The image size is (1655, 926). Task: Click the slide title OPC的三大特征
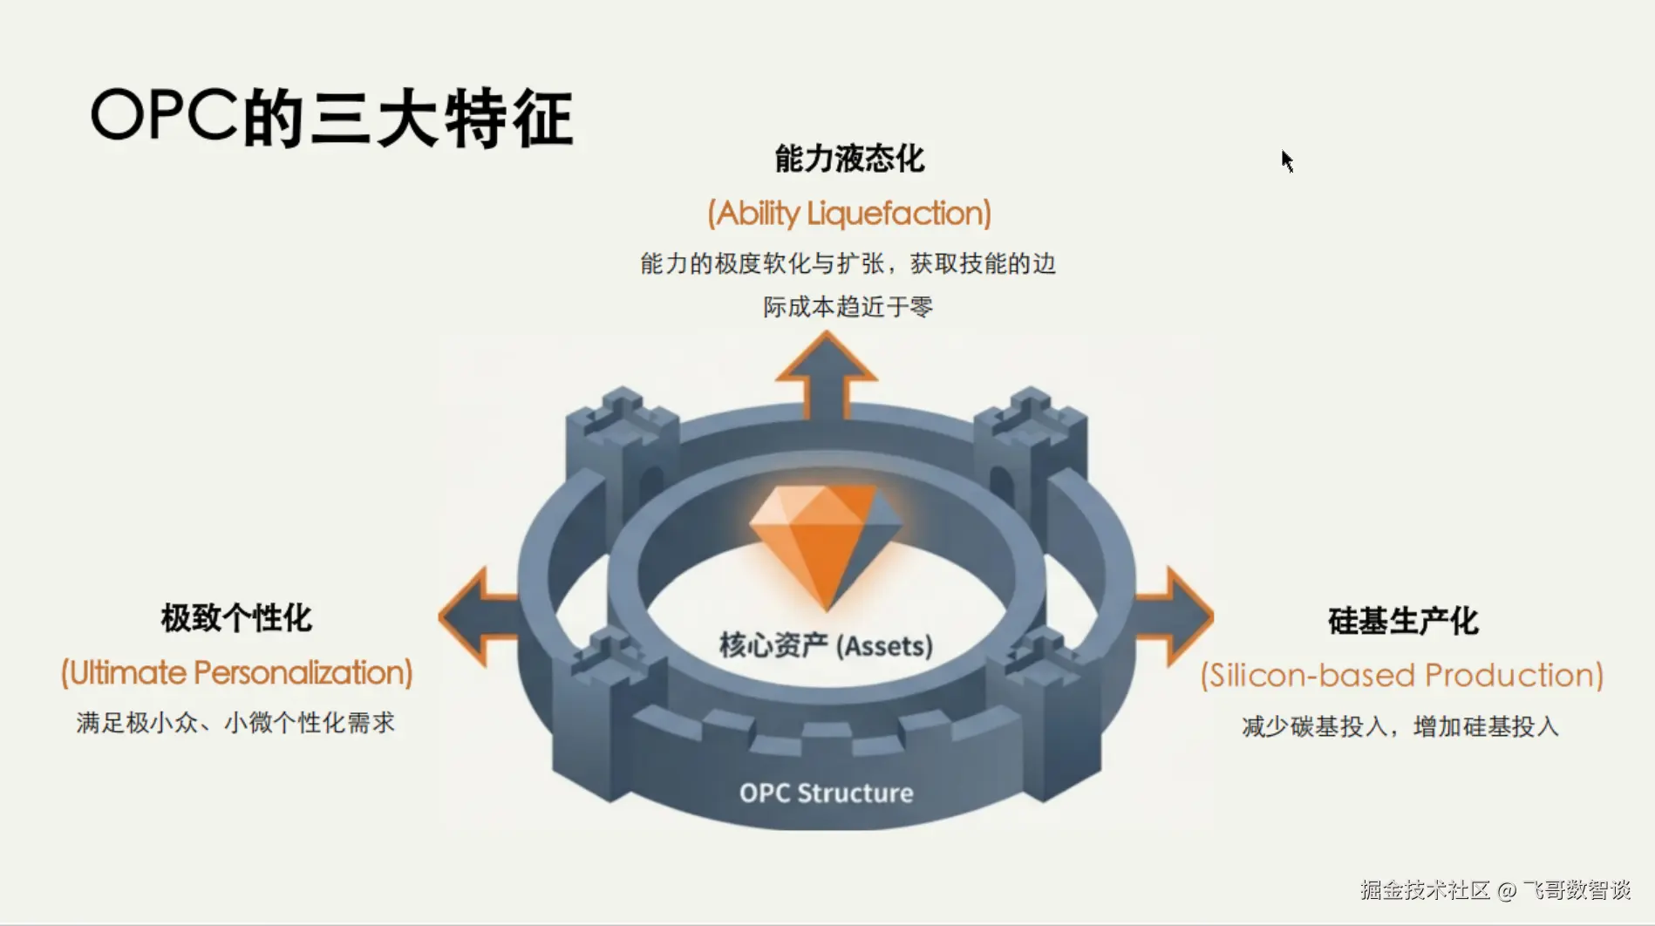tap(332, 117)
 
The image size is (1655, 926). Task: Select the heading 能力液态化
tap(849, 159)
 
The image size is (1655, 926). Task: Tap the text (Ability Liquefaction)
tap(849, 214)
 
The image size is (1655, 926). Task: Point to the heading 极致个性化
tap(236, 618)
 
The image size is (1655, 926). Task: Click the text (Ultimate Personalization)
tap(236, 673)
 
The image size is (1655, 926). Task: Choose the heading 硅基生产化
tap(1403, 621)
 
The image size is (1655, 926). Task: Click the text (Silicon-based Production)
tap(1402, 676)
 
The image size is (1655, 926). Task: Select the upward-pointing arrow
tap(827, 376)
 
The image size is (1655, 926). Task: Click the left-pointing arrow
tap(479, 616)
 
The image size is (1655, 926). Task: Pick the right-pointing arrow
tap(1174, 616)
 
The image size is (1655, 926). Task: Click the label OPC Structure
tap(827, 793)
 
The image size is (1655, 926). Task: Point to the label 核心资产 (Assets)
tap(826, 645)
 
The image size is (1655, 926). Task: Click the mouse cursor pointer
tap(1287, 161)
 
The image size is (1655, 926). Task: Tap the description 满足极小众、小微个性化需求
tap(235, 723)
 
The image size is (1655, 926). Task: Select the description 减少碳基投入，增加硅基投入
tap(1400, 726)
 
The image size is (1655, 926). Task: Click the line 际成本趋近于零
tap(848, 307)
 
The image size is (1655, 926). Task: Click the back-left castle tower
tap(622, 445)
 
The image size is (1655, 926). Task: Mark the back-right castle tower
tap(1031, 445)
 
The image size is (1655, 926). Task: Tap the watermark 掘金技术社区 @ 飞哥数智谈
tap(1495, 889)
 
